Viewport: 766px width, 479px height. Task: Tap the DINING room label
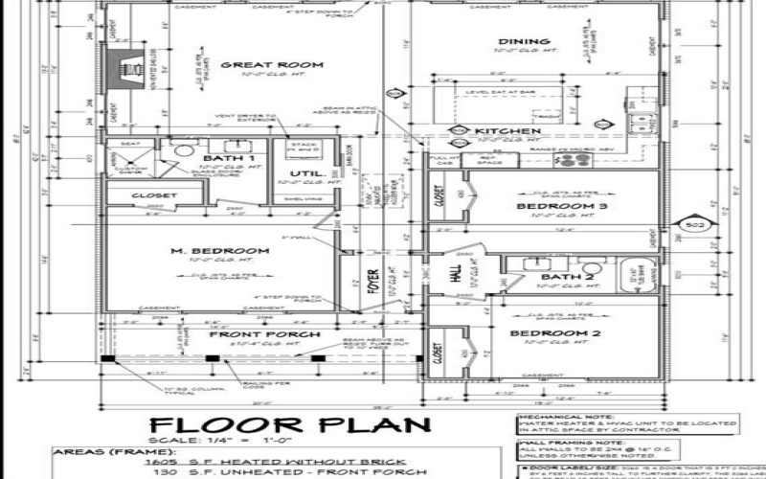[x=524, y=42]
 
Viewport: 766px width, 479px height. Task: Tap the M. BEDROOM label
[x=220, y=251]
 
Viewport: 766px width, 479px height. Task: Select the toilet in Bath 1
[x=185, y=150]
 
